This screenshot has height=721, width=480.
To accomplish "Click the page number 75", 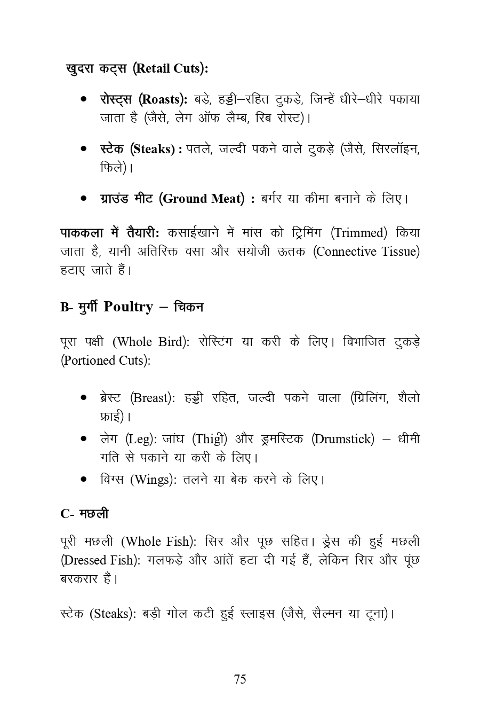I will (x=240, y=679).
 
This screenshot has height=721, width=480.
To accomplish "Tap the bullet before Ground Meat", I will (x=84, y=199).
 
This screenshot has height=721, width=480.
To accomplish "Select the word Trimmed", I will (x=359, y=233).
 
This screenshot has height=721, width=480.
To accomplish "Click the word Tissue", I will (x=399, y=252).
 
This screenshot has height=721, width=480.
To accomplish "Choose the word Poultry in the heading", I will (x=128, y=307).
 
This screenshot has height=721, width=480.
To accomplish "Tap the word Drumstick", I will (x=343, y=439).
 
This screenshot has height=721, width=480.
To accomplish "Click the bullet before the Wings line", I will (x=84, y=480).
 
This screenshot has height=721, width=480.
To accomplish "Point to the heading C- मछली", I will (x=84, y=514).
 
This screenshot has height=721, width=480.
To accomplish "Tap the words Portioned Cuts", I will (x=103, y=360).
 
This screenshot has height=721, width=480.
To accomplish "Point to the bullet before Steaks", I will (x=84, y=149).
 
